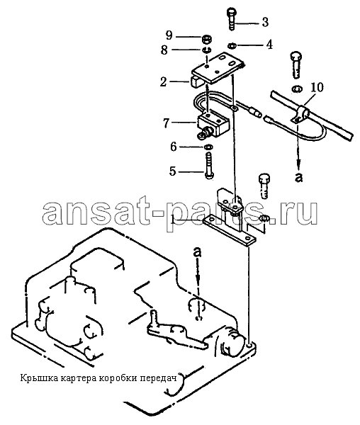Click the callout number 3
pyautogui.click(x=264, y=22)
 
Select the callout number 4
pyautogui.click(x=269, y=45)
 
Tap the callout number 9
pyautogui.click(x=169, y=35)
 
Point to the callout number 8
pyautogui.click(x=164, y=50)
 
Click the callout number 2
pyautogui.click(x=163, y=81)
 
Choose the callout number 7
pyautogui.click(x=167, y=123)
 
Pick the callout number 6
pyautogui.click(x=173, y=147)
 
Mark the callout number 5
pyautogui.click(x=173, y=171)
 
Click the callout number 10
pyautogui.click(x=317, y=88)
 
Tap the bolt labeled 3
pyautogui.click(x=231, y=19)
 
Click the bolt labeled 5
pyautogui.click(x=208, y=166)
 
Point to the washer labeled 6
pyautogui.click(x=208, y=147)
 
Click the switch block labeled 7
pyautogui.click(x=213, y=125)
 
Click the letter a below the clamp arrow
pyautogui.click(x=298, y=177)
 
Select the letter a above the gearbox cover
pyautogui.click(x=198, y=252)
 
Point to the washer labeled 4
pyautogui.click(x=232, y=45)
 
